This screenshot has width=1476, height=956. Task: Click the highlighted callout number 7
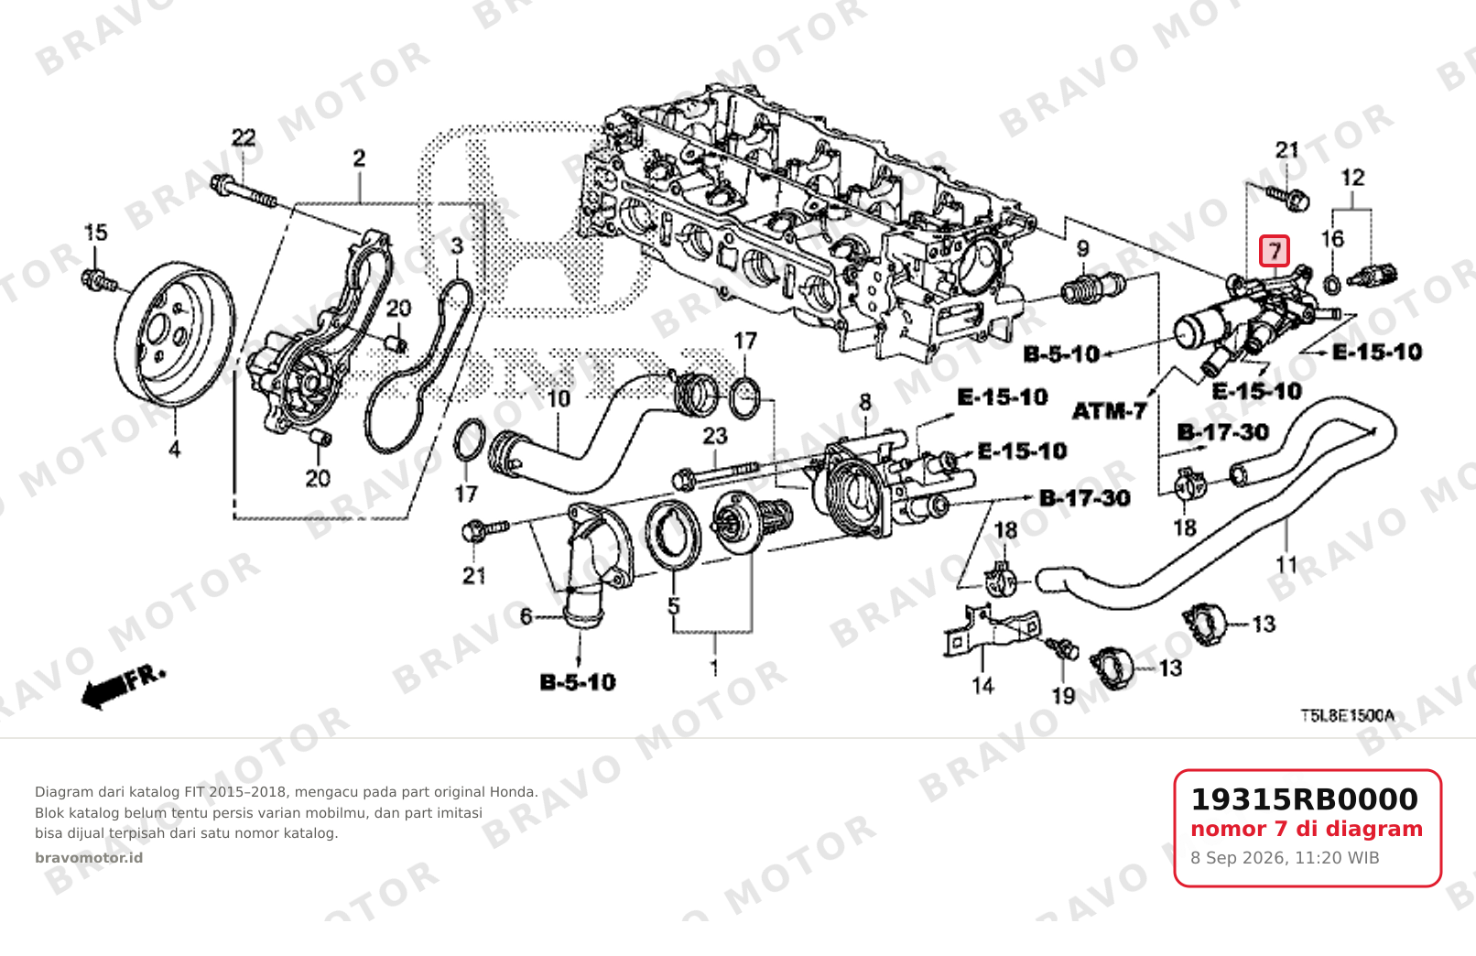pos(1275,251)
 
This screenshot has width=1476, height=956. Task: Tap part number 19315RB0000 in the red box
pos(1304,799)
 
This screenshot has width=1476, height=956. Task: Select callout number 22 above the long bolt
pos(244,137)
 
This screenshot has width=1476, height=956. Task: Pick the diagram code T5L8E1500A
pos(1347,715)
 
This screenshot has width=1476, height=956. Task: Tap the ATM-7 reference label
pos(1110,412)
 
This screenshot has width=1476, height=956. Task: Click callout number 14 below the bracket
pos(982,686)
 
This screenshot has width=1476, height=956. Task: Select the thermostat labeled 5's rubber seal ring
pos(673,534)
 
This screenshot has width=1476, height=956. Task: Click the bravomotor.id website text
pos(89,858)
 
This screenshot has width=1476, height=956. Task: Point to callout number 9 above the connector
pos(1082,249)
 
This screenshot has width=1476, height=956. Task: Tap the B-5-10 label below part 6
pos(577,682)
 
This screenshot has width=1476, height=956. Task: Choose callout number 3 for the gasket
pos(457,246)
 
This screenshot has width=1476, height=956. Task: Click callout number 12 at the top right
pos(1352,178)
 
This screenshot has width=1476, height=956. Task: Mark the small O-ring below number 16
pos(1331,286)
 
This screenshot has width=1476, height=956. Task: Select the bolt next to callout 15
pos(100,281)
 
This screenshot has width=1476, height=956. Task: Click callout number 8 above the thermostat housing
pos(865,402)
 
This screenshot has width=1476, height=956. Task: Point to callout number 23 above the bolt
pos(715,436)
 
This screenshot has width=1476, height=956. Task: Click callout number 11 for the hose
pos(1286,565)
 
